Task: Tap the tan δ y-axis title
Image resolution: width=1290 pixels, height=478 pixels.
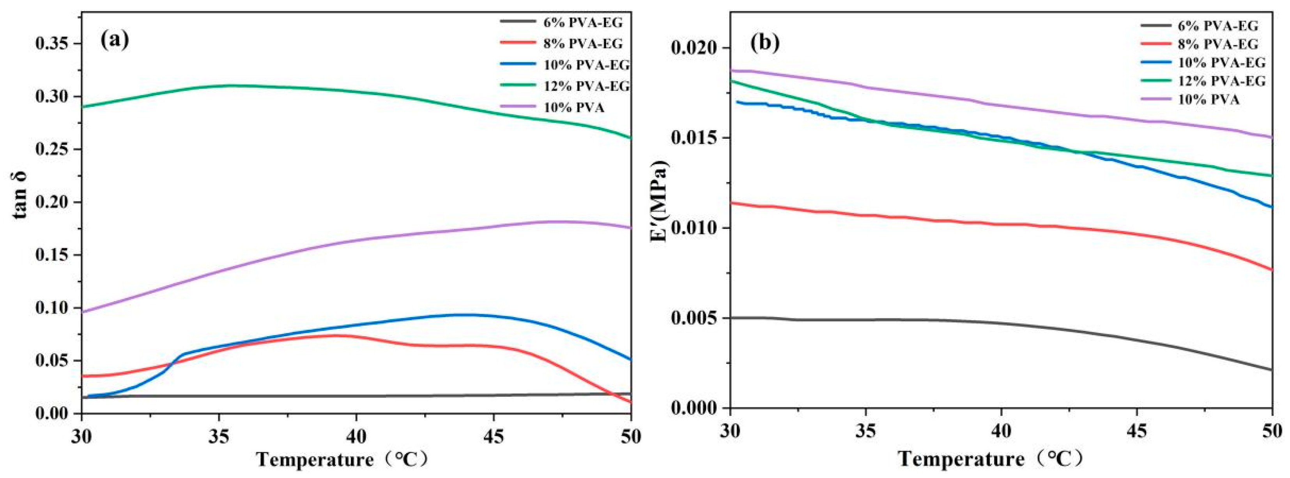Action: (20, 196)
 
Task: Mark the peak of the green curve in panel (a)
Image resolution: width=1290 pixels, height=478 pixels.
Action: (230, 85)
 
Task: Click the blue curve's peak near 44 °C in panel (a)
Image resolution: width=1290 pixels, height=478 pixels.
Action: (466, 314)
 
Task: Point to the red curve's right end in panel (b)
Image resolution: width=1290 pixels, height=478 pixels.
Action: (1271, 270)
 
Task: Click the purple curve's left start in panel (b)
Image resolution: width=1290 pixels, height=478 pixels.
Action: (732, 71)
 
